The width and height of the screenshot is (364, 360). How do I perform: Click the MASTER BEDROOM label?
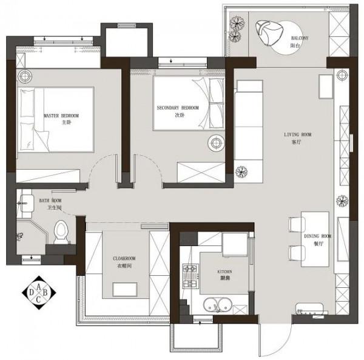click(x=61, y=116)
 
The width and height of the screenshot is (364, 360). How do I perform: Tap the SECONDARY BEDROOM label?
click(x=178, y=108)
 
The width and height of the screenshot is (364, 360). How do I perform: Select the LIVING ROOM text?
click(x=298, y=135)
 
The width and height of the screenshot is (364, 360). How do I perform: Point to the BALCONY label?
click(x=300, y=38)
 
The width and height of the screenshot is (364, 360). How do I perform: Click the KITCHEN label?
click(x=224, y=272)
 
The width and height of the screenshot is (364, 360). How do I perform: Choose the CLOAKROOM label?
click(x=124, y=258)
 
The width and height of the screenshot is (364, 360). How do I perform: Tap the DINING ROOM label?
click(x=317, y=236)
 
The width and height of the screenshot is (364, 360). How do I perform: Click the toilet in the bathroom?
click(x=61, y=232)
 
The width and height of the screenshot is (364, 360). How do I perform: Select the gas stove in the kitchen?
click(x=190, y=276)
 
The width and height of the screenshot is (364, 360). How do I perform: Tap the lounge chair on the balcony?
click(x=269, y=33)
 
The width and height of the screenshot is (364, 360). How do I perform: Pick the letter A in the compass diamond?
click(x=39, y=287)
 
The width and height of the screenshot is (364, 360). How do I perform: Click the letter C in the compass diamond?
click(x=39, y=299)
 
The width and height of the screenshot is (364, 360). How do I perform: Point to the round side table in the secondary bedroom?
click(x=216, y=142)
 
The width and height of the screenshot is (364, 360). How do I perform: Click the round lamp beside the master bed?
click(x=25, y=76)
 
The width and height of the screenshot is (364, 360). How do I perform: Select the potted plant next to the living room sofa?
click(x=241, y=172)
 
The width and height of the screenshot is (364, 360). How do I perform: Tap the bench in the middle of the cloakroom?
click(x=125, y=289)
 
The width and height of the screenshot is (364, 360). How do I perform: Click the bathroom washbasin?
click(x=27, y=203)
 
